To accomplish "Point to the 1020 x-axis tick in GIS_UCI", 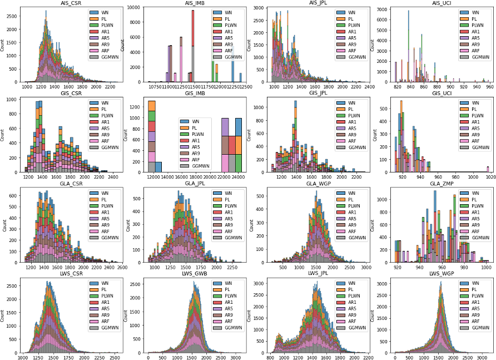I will tap(488, 176).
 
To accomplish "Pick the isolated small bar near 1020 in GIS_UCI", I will tap(488, 168).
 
